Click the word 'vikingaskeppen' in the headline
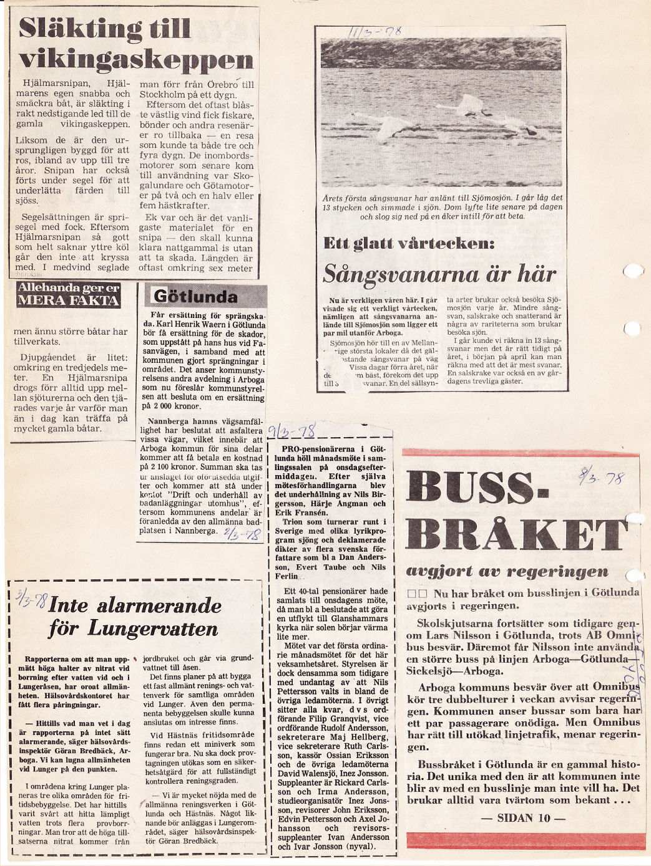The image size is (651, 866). pos(136,60)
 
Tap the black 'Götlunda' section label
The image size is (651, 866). pos(195,296)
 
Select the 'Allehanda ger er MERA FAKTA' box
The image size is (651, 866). pos(69,294)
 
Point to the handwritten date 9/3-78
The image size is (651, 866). pos(292,430)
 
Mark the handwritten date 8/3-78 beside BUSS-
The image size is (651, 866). pos(601,477)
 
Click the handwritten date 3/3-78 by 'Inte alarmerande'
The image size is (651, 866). pos(32,600)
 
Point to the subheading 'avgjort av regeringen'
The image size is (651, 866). pos(506,570)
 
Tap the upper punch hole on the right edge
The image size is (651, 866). pos(632,271)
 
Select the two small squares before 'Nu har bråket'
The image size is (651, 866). pos(416,593)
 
